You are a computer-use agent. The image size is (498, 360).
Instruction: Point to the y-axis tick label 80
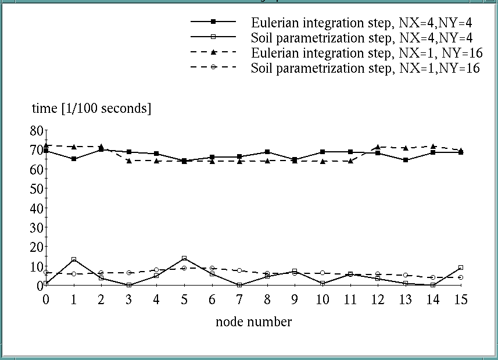point(37,131)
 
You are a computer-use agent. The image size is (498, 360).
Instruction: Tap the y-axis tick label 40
point(37,208)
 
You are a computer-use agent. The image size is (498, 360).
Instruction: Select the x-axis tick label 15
point(460,300)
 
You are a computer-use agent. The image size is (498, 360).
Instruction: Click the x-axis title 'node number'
point(253,322)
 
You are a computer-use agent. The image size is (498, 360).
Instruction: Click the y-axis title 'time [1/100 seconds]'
point(91,108)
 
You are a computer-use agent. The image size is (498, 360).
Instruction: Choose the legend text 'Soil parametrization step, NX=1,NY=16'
point(365,68)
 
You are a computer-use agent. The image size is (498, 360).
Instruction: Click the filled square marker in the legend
point(213,22)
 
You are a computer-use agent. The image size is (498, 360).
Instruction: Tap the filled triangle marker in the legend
point(213,52)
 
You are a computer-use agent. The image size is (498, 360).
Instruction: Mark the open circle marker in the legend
point(213,67)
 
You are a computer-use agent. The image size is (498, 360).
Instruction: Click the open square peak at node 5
point(184,258)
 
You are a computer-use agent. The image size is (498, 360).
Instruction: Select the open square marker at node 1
point(74,259)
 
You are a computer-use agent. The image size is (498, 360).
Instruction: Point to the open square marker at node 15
point(460,268)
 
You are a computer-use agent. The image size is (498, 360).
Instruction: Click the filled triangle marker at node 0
point(46,145)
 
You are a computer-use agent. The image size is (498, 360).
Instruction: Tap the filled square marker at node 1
point(74,159)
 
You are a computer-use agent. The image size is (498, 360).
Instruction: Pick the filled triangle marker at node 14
point(433,147)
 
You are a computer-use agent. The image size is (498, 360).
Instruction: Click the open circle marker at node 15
point(460,277)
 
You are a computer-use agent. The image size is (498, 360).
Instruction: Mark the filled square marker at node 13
point(405,160)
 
